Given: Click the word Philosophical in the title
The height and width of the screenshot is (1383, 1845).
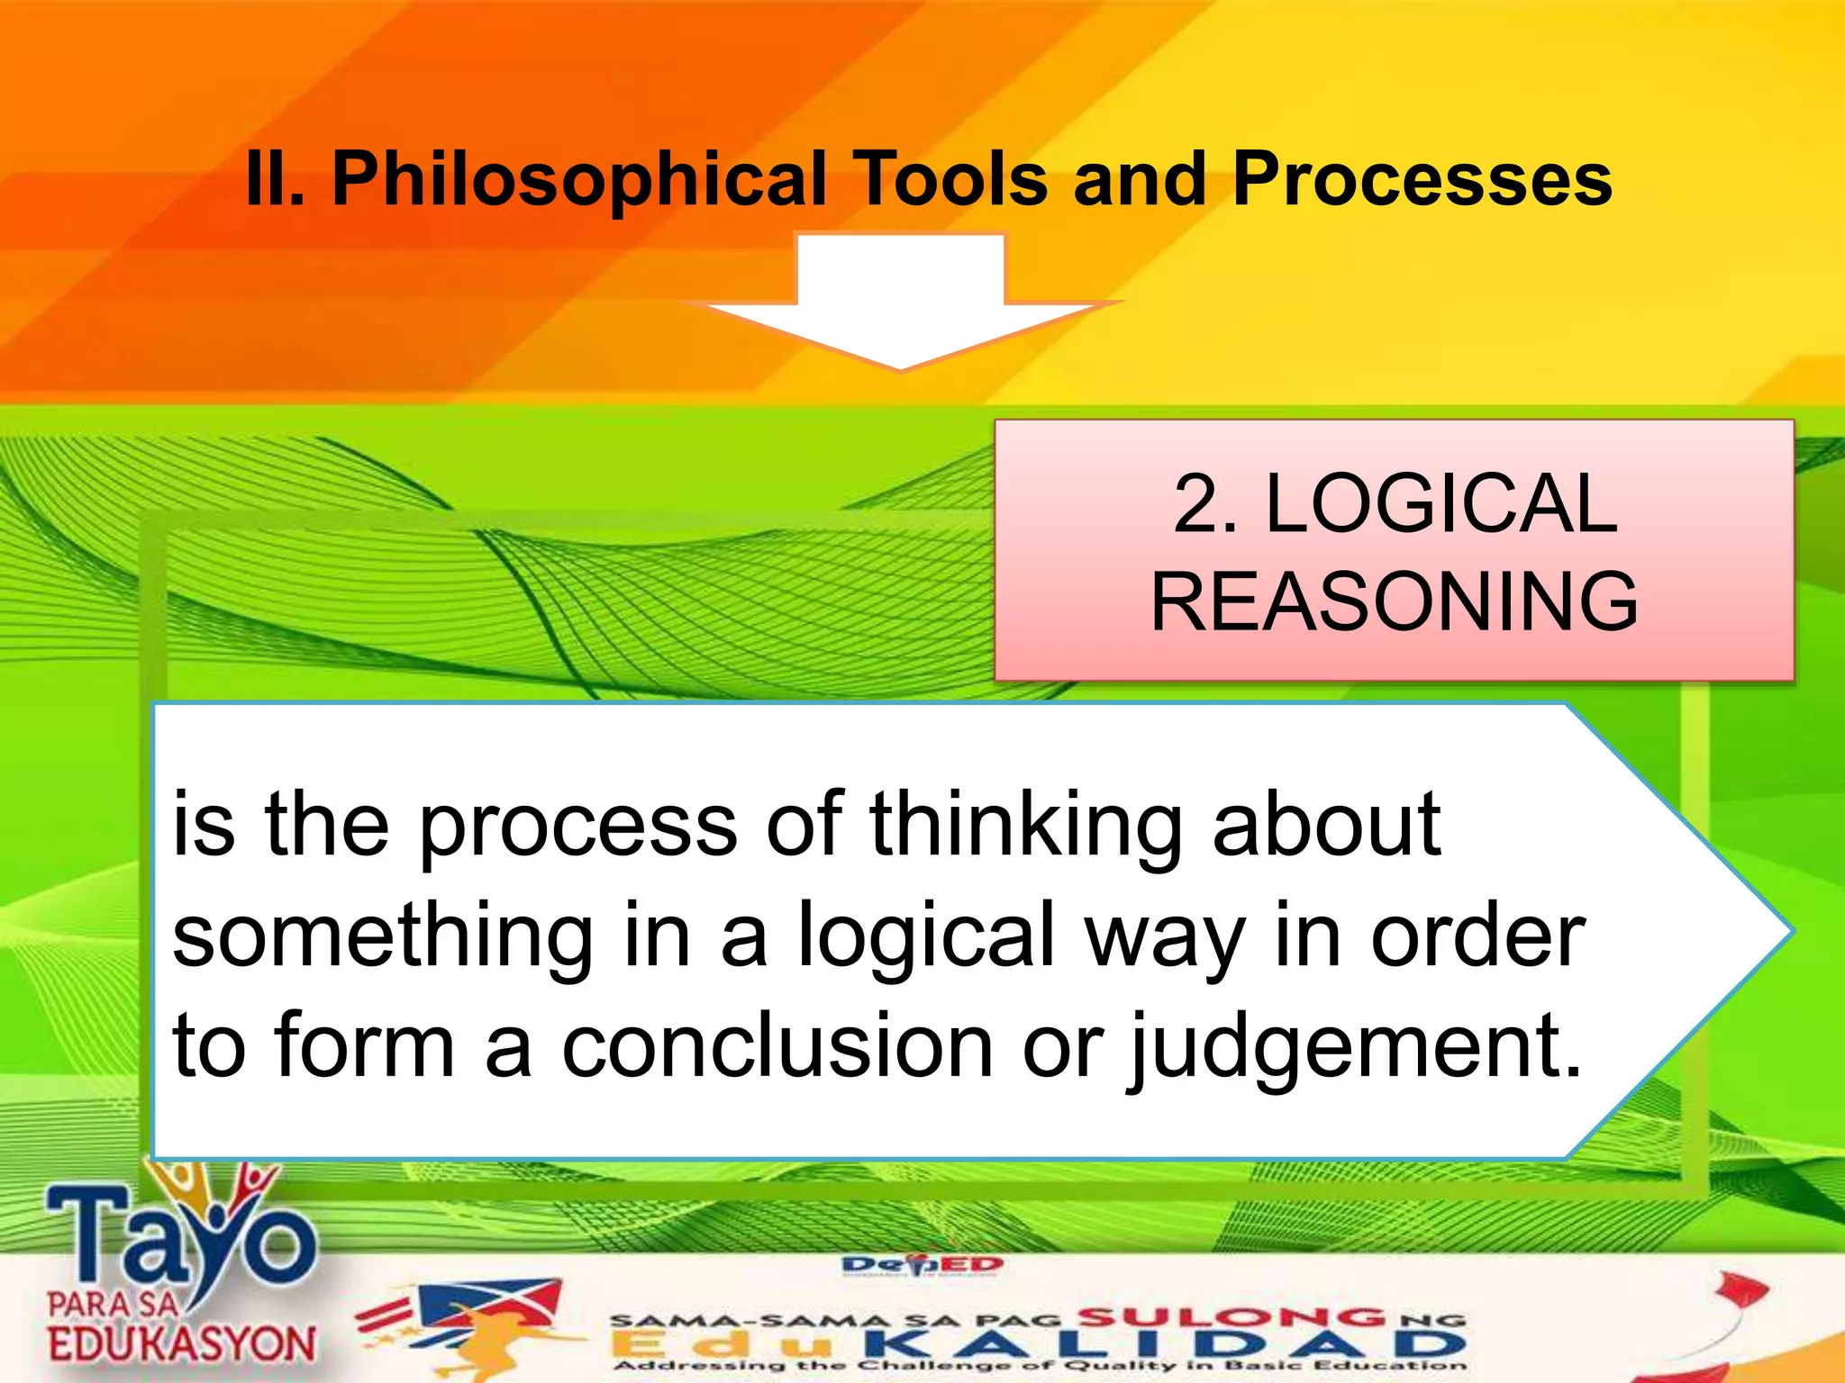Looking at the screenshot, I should pyautogui.click(x=578, y=180).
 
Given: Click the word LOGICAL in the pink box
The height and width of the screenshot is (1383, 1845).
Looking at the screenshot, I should pyautogui.click(x=1441, y=504).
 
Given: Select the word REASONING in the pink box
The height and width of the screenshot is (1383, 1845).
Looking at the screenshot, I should pyautogui.click(x=1395, y=601).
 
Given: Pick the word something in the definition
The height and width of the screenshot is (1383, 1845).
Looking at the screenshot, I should pyautogui.click(x=383, y=936).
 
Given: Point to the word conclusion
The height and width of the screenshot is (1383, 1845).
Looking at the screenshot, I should pyautogui.click(x=777, y=1046).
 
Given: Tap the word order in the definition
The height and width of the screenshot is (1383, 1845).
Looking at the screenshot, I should pyautogui.click(x=1477, y=936).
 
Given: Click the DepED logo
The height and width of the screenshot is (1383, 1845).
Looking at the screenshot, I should pyautogui.click(x=922, y=1266).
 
